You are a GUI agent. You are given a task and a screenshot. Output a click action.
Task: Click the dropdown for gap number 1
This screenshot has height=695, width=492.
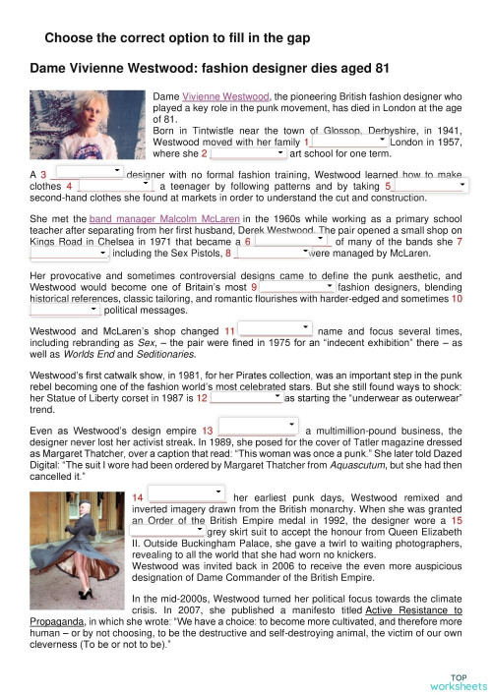(x=349, y=142)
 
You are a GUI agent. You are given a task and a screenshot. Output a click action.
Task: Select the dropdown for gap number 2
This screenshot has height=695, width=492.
(x=248, y=153)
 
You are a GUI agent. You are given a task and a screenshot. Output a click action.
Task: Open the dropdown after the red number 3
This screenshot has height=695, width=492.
(x=88, y=173)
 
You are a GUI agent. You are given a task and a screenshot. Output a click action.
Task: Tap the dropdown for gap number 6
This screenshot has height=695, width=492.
(x=291, y=240)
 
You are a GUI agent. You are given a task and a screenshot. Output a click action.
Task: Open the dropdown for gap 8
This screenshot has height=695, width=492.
(x=273, y=252)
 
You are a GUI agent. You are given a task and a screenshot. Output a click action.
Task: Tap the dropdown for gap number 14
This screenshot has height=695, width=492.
(x=187, y=498)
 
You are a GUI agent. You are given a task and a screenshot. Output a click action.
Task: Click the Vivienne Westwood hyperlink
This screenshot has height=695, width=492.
(x=226, y=97)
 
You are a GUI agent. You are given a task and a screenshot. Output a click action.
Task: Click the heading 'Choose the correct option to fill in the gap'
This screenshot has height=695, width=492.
(x=178, y=38)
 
